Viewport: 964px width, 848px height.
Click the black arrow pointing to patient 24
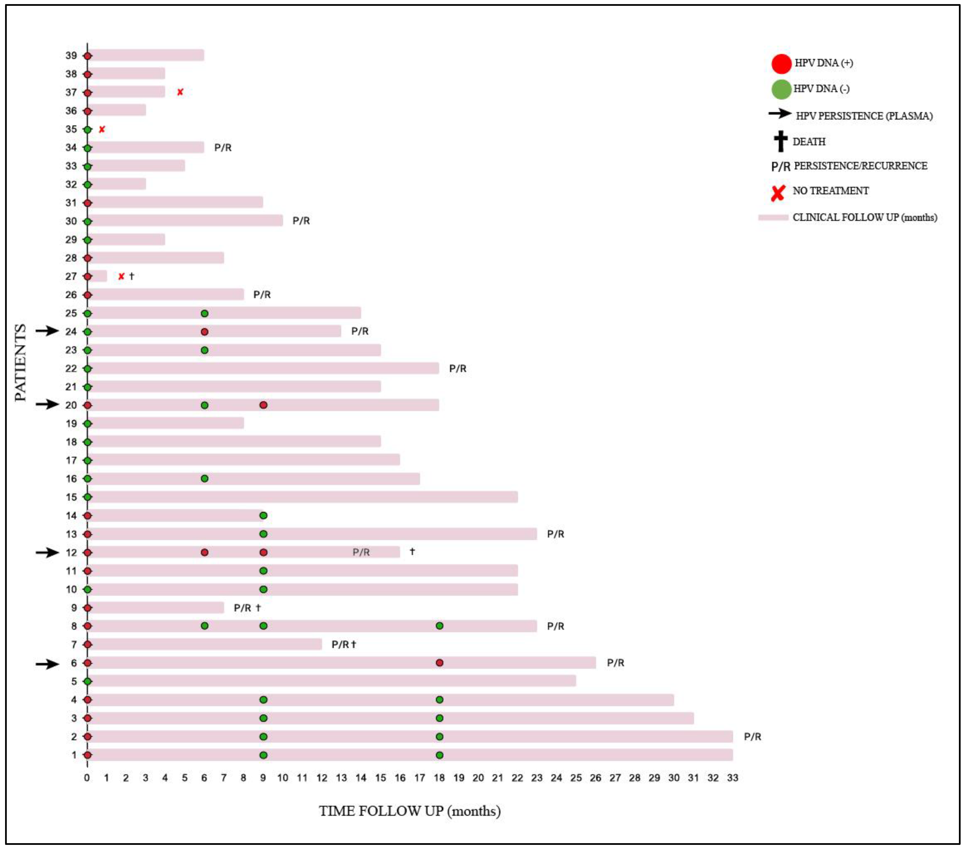tap(47, 331)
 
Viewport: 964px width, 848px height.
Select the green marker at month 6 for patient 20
tap(204, 405)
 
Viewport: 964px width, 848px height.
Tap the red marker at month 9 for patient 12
tap(263, 552)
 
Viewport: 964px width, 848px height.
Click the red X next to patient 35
tap(102, 129)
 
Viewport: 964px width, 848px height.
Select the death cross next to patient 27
tap(132, 276)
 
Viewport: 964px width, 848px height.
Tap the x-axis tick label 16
tap(400, 778)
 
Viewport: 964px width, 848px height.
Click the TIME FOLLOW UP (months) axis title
tap(409, 811)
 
